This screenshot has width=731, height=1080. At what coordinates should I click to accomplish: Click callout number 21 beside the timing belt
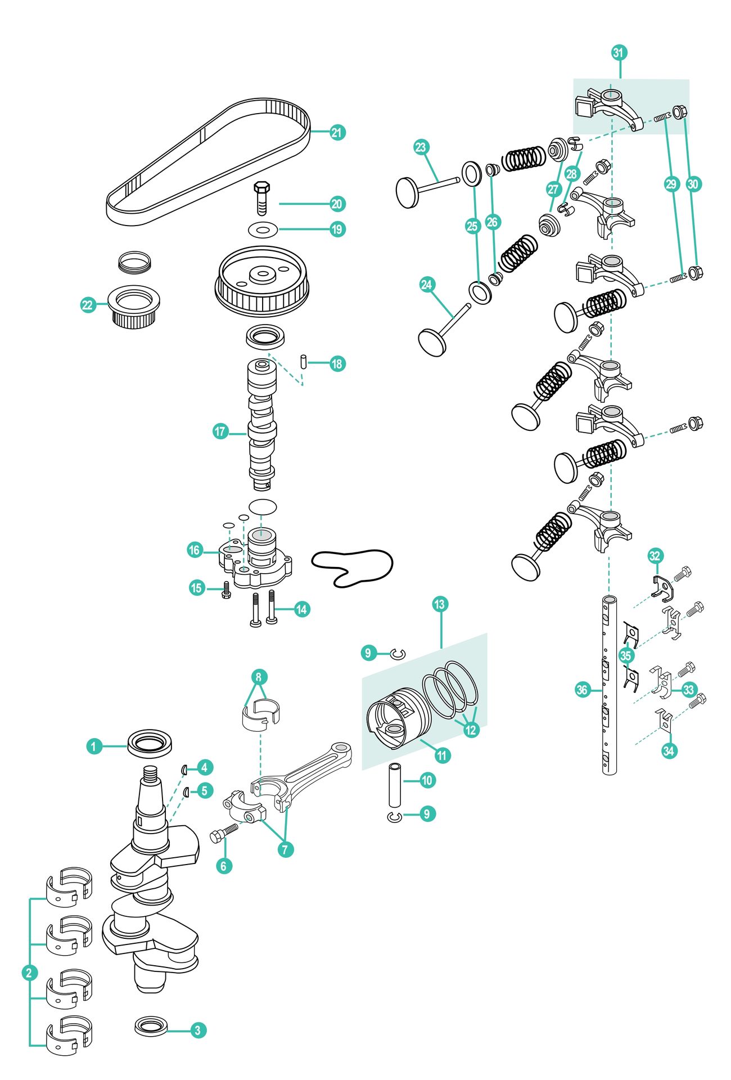(336, 133)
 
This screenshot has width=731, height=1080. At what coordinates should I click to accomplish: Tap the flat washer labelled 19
(263, 229)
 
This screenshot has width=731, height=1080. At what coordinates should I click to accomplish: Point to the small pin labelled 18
(303, 360)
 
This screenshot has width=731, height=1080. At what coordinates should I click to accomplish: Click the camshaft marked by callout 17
(262, 427)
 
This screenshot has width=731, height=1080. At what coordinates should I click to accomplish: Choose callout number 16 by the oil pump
(195, 550)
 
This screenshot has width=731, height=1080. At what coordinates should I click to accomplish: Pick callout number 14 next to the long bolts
(301, 609)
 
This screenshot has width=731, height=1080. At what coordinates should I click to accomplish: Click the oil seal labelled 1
(150, 743)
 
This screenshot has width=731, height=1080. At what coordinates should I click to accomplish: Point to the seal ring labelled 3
(151, 1025)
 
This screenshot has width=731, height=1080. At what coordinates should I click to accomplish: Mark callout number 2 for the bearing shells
(29, 972)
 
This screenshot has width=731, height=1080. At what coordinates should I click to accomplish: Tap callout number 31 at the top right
(619, 53)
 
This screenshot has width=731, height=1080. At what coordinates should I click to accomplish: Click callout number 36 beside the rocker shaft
(582, 690)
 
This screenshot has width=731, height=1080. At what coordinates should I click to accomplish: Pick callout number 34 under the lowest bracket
(669, 750)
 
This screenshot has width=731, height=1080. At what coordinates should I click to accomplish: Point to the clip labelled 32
(662, 586)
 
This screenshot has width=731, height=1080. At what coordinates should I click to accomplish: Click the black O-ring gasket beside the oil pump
(352, 567)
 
